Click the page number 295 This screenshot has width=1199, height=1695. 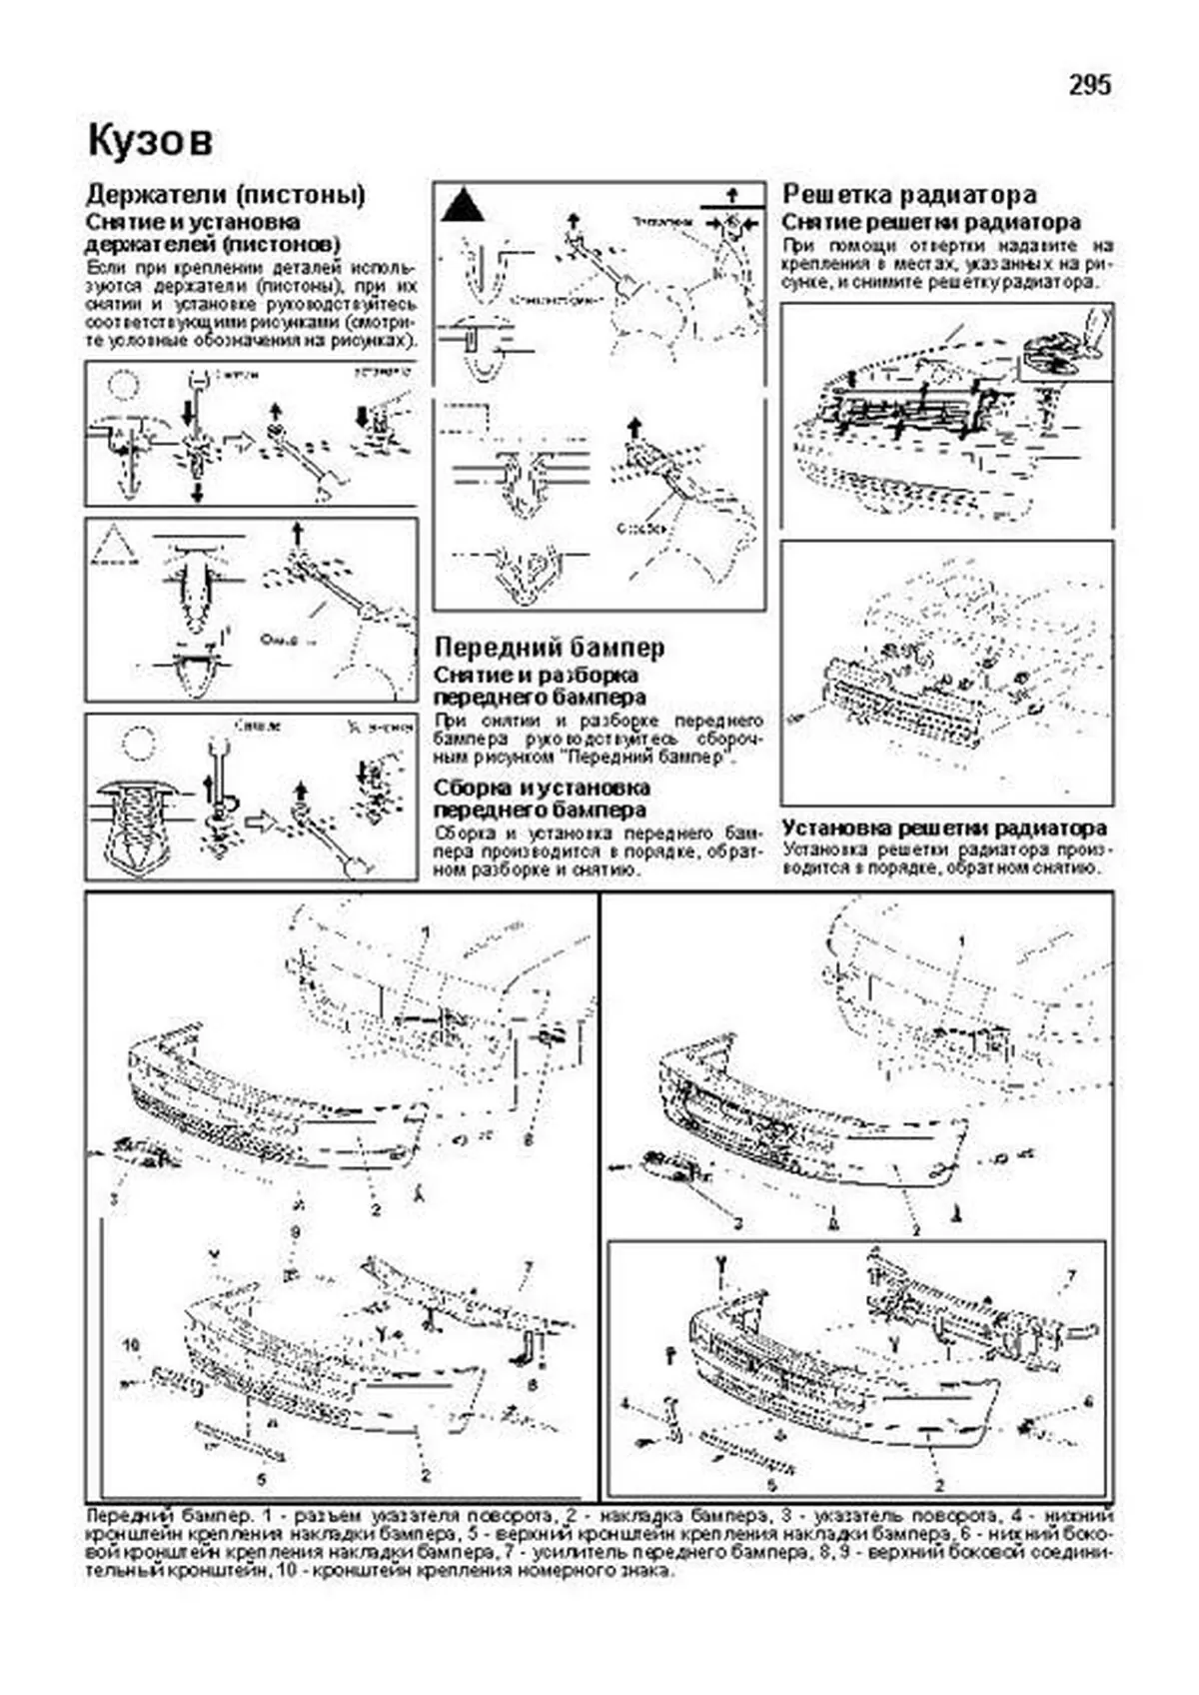[1089, 86]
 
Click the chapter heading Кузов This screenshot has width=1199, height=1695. [150, 141]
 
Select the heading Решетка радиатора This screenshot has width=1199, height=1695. [908, 194]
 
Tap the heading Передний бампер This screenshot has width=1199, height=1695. [549, 648]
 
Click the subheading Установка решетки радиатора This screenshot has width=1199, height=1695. [943, 828]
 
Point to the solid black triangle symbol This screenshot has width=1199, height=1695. [463, 206]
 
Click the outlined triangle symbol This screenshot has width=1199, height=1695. [111, 545]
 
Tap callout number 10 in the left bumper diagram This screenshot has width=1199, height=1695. [130, 1344]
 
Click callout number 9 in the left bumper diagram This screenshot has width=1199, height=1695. [296, 1233]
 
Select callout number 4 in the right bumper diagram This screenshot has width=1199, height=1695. [625, 1403]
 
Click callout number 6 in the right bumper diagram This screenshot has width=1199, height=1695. [1088, 1402]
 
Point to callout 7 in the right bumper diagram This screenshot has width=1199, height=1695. [1071, 1276]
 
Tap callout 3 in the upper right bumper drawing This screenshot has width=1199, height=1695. [738, 1223]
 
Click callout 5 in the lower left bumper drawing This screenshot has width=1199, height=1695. [262, 1478]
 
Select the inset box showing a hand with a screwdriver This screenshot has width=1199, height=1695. [1066, 343]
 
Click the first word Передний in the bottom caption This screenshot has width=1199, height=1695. [118, 1515]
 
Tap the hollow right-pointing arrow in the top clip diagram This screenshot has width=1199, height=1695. [238, 442]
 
